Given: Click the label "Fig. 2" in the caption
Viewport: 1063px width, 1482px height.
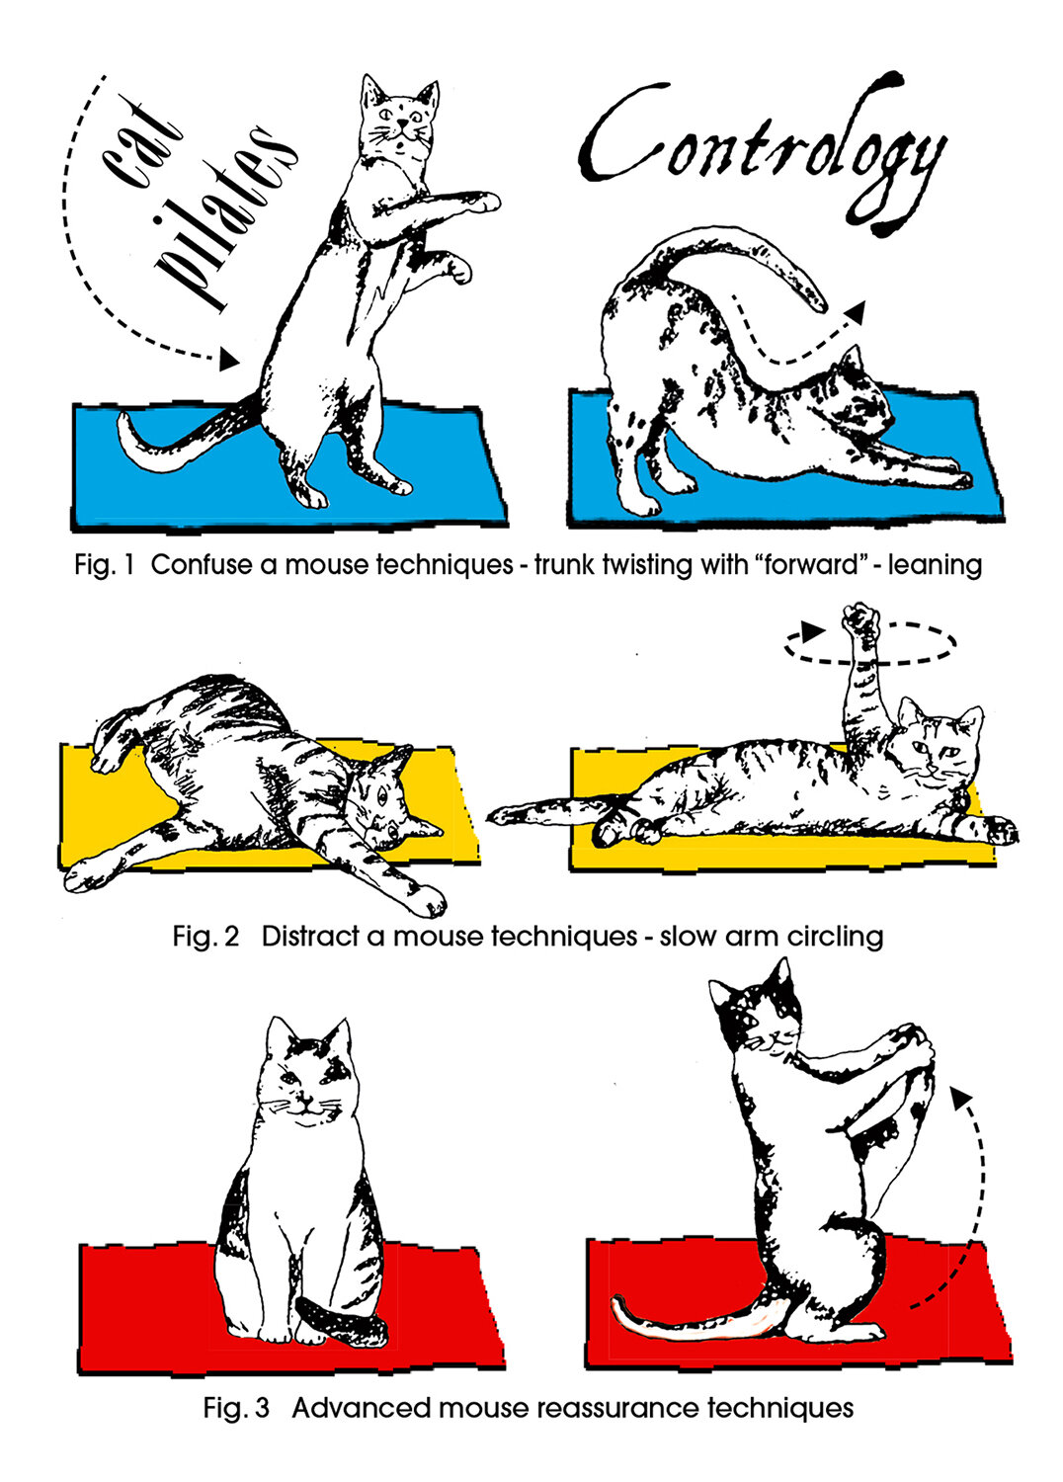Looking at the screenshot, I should pos(205,936).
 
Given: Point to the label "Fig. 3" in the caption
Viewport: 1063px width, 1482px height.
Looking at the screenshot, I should pos(236,1408).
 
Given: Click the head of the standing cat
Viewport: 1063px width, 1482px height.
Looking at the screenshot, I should pos(399,123).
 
